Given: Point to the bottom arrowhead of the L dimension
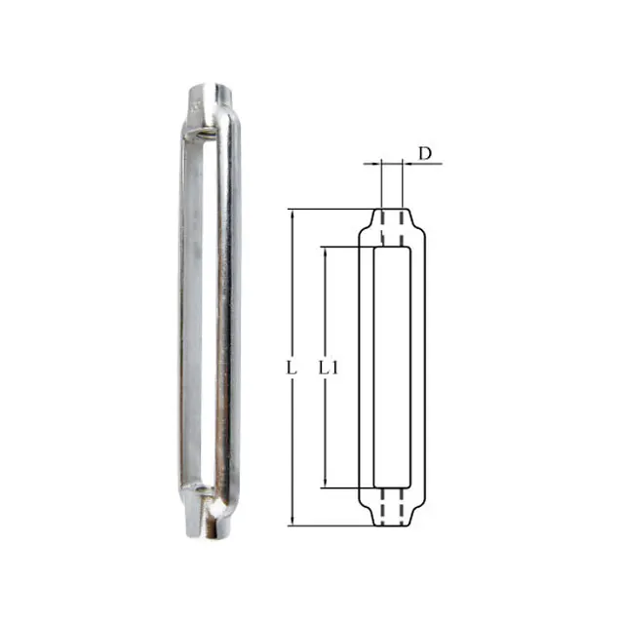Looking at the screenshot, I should (292, 523).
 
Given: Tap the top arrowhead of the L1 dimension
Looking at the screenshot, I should (325, 252).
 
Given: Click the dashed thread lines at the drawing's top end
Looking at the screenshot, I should (391, 223).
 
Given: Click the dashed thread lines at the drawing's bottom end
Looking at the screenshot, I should (391, 511).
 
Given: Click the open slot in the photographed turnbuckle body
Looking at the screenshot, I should (206, 312).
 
